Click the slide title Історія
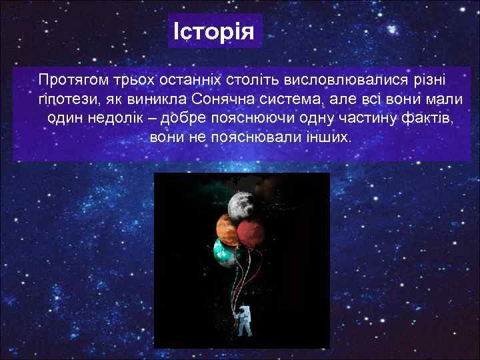(x=214, y=31)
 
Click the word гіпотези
(x=62, y=99)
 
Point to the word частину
(x=366, y=119)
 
